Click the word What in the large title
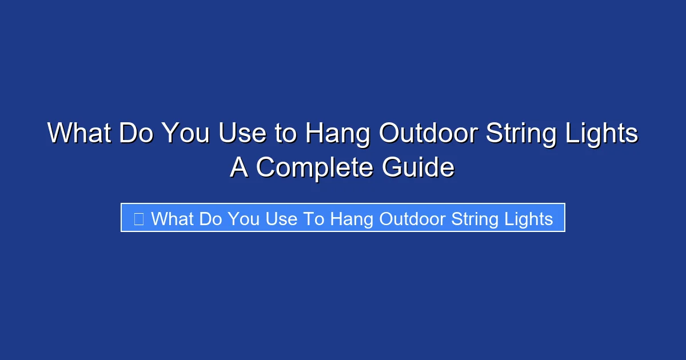click(79, 134)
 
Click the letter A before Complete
click(240, 168)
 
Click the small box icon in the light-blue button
click(138, 218)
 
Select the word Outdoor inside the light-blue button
click(412, 218)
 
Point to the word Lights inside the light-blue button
click(531, 218)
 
